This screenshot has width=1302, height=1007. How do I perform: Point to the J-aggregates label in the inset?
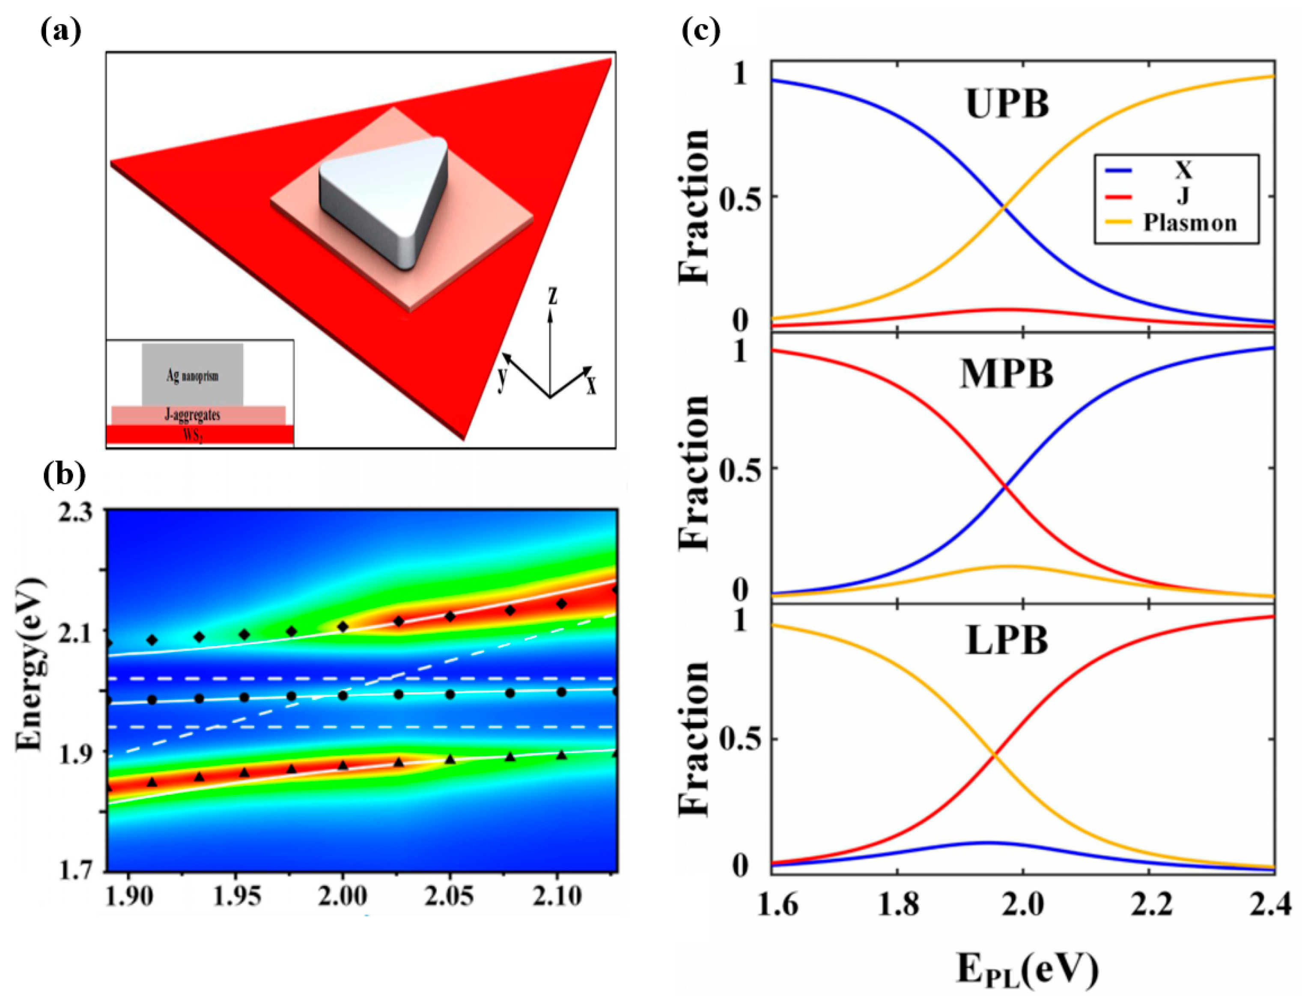point(192,415)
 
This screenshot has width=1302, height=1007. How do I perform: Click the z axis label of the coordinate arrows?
point(553,296)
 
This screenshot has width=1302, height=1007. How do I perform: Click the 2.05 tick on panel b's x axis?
point(450,896)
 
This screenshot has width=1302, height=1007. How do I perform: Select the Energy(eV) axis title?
point(31,664)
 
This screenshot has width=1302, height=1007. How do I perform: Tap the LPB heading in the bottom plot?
point(1007,641)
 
